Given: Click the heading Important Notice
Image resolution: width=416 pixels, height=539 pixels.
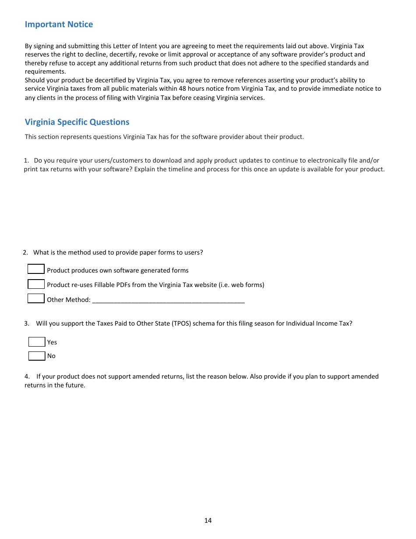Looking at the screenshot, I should coord(59,25).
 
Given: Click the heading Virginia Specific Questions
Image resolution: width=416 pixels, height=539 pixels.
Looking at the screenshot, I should coord(77,122).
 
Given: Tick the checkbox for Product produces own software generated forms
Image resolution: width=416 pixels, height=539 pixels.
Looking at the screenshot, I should coord(36,269).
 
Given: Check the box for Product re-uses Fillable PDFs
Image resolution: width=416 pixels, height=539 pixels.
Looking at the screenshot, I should coord(36,284).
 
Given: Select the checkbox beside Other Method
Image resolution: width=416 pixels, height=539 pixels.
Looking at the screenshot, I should coord(36,299).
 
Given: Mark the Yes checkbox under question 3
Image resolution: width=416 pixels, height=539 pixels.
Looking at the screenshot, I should coord(37,342).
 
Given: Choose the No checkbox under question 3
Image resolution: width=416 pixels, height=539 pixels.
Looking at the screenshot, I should coord(37,356).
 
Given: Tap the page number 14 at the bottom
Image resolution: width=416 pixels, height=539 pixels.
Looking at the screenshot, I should coord(208,521).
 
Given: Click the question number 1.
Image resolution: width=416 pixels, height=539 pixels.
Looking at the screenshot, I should coord(26,161).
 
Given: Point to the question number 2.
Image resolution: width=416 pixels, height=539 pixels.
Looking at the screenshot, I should coord(25,252).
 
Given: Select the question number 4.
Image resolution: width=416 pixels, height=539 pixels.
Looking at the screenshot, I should coord(27,376).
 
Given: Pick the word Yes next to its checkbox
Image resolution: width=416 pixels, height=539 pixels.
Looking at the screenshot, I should coord(52,342).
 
